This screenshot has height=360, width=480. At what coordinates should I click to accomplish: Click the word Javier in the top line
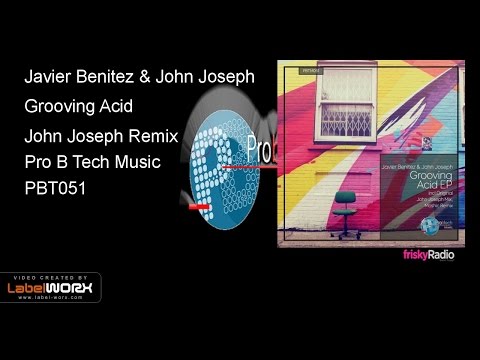pyautogui.click(x=47, y=77)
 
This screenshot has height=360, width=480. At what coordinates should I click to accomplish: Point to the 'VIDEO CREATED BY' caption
pyautogui.click(x=48, y=277)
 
